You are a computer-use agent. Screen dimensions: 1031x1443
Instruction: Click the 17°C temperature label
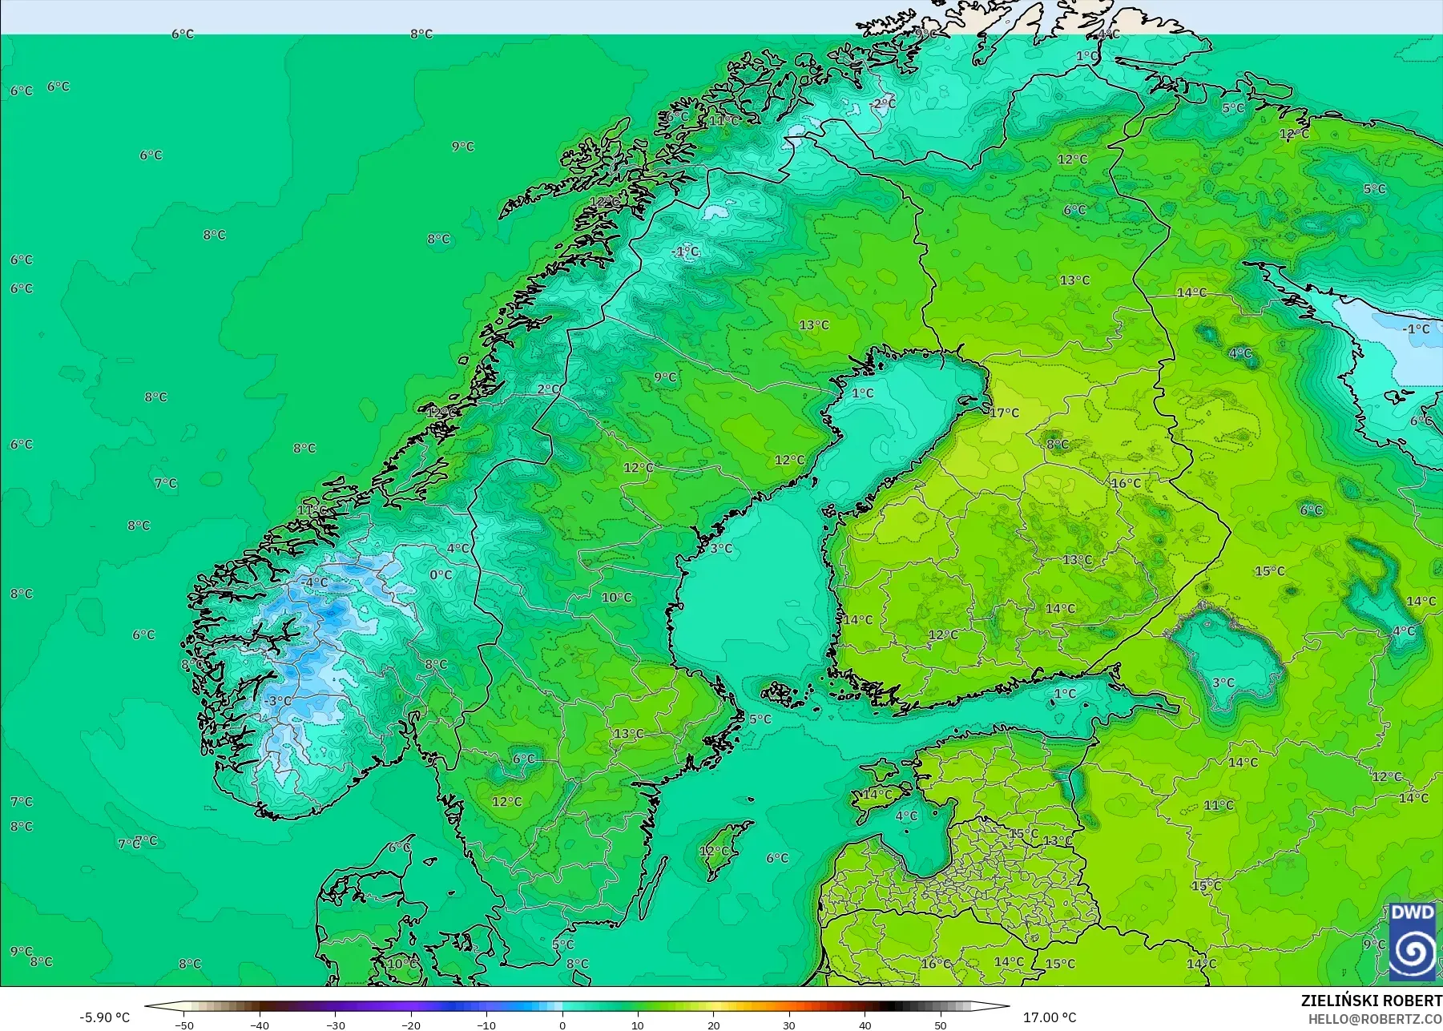tap(1004, 413)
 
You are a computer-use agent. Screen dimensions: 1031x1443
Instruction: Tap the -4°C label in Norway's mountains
tap(315, 582)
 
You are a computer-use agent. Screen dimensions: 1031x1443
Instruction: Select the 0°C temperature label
tap(441, 574)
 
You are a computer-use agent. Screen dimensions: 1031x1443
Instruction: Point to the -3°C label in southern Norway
tap(278, 701)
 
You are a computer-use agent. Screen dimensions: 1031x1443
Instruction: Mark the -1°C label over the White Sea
tap(1416, 329)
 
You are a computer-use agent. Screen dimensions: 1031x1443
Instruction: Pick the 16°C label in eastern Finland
tap(1126, 483)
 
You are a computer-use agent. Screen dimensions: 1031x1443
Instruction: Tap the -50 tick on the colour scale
tap(183, 1025)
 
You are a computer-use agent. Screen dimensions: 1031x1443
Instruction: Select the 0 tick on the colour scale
tap(562, 1025)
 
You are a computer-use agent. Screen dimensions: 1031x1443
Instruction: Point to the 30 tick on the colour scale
tap(789, 1025)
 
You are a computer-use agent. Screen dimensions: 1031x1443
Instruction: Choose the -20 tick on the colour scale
tap(410, 1025)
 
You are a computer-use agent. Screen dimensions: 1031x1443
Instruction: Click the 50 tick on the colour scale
tap(941, 1025)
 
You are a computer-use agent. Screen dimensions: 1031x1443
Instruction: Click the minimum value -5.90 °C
tap(104, 1017)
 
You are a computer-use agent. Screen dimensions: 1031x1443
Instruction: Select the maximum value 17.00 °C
tap(1050, 1017)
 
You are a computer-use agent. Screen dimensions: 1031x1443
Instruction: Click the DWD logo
tap(1412, 942)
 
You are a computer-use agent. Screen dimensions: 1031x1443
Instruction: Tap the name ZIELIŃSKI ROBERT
tap(1371, 1001)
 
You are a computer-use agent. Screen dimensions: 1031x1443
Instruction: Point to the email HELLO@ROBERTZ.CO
tap(1375, 1019)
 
